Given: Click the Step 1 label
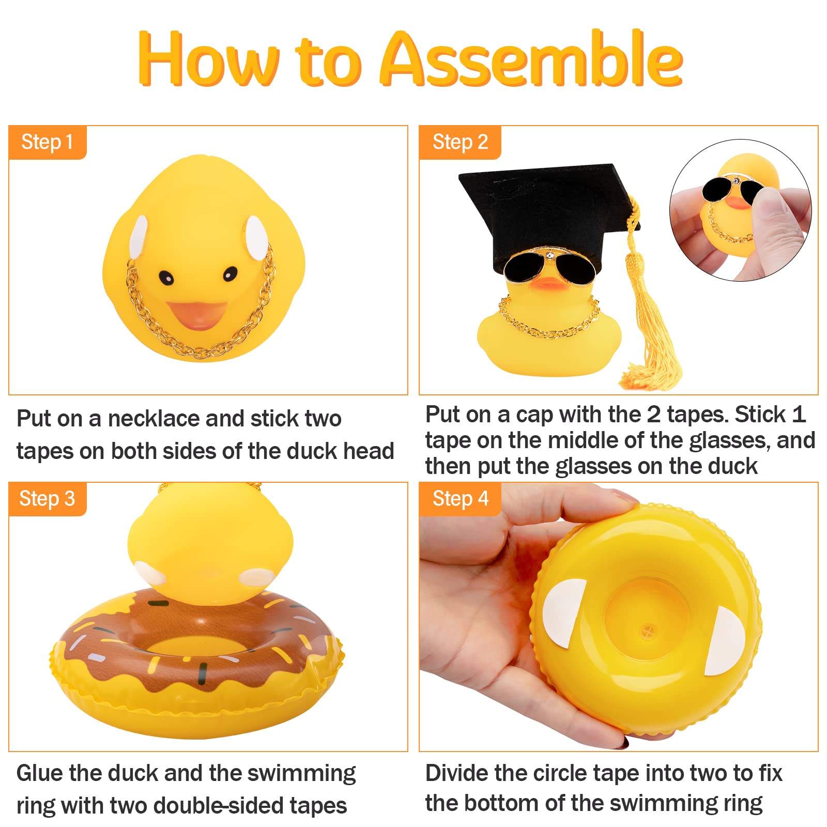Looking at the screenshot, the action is tap(47, 142).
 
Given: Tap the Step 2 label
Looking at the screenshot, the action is tap(460, 142).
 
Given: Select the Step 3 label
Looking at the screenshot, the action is tap(47, 499).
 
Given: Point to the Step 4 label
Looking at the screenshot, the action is tap(460, 499).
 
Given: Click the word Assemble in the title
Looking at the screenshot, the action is tap(532, 59).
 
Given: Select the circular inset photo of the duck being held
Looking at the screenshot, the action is tap(740, 210).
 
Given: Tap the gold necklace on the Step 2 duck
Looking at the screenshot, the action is tap(548, 320).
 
